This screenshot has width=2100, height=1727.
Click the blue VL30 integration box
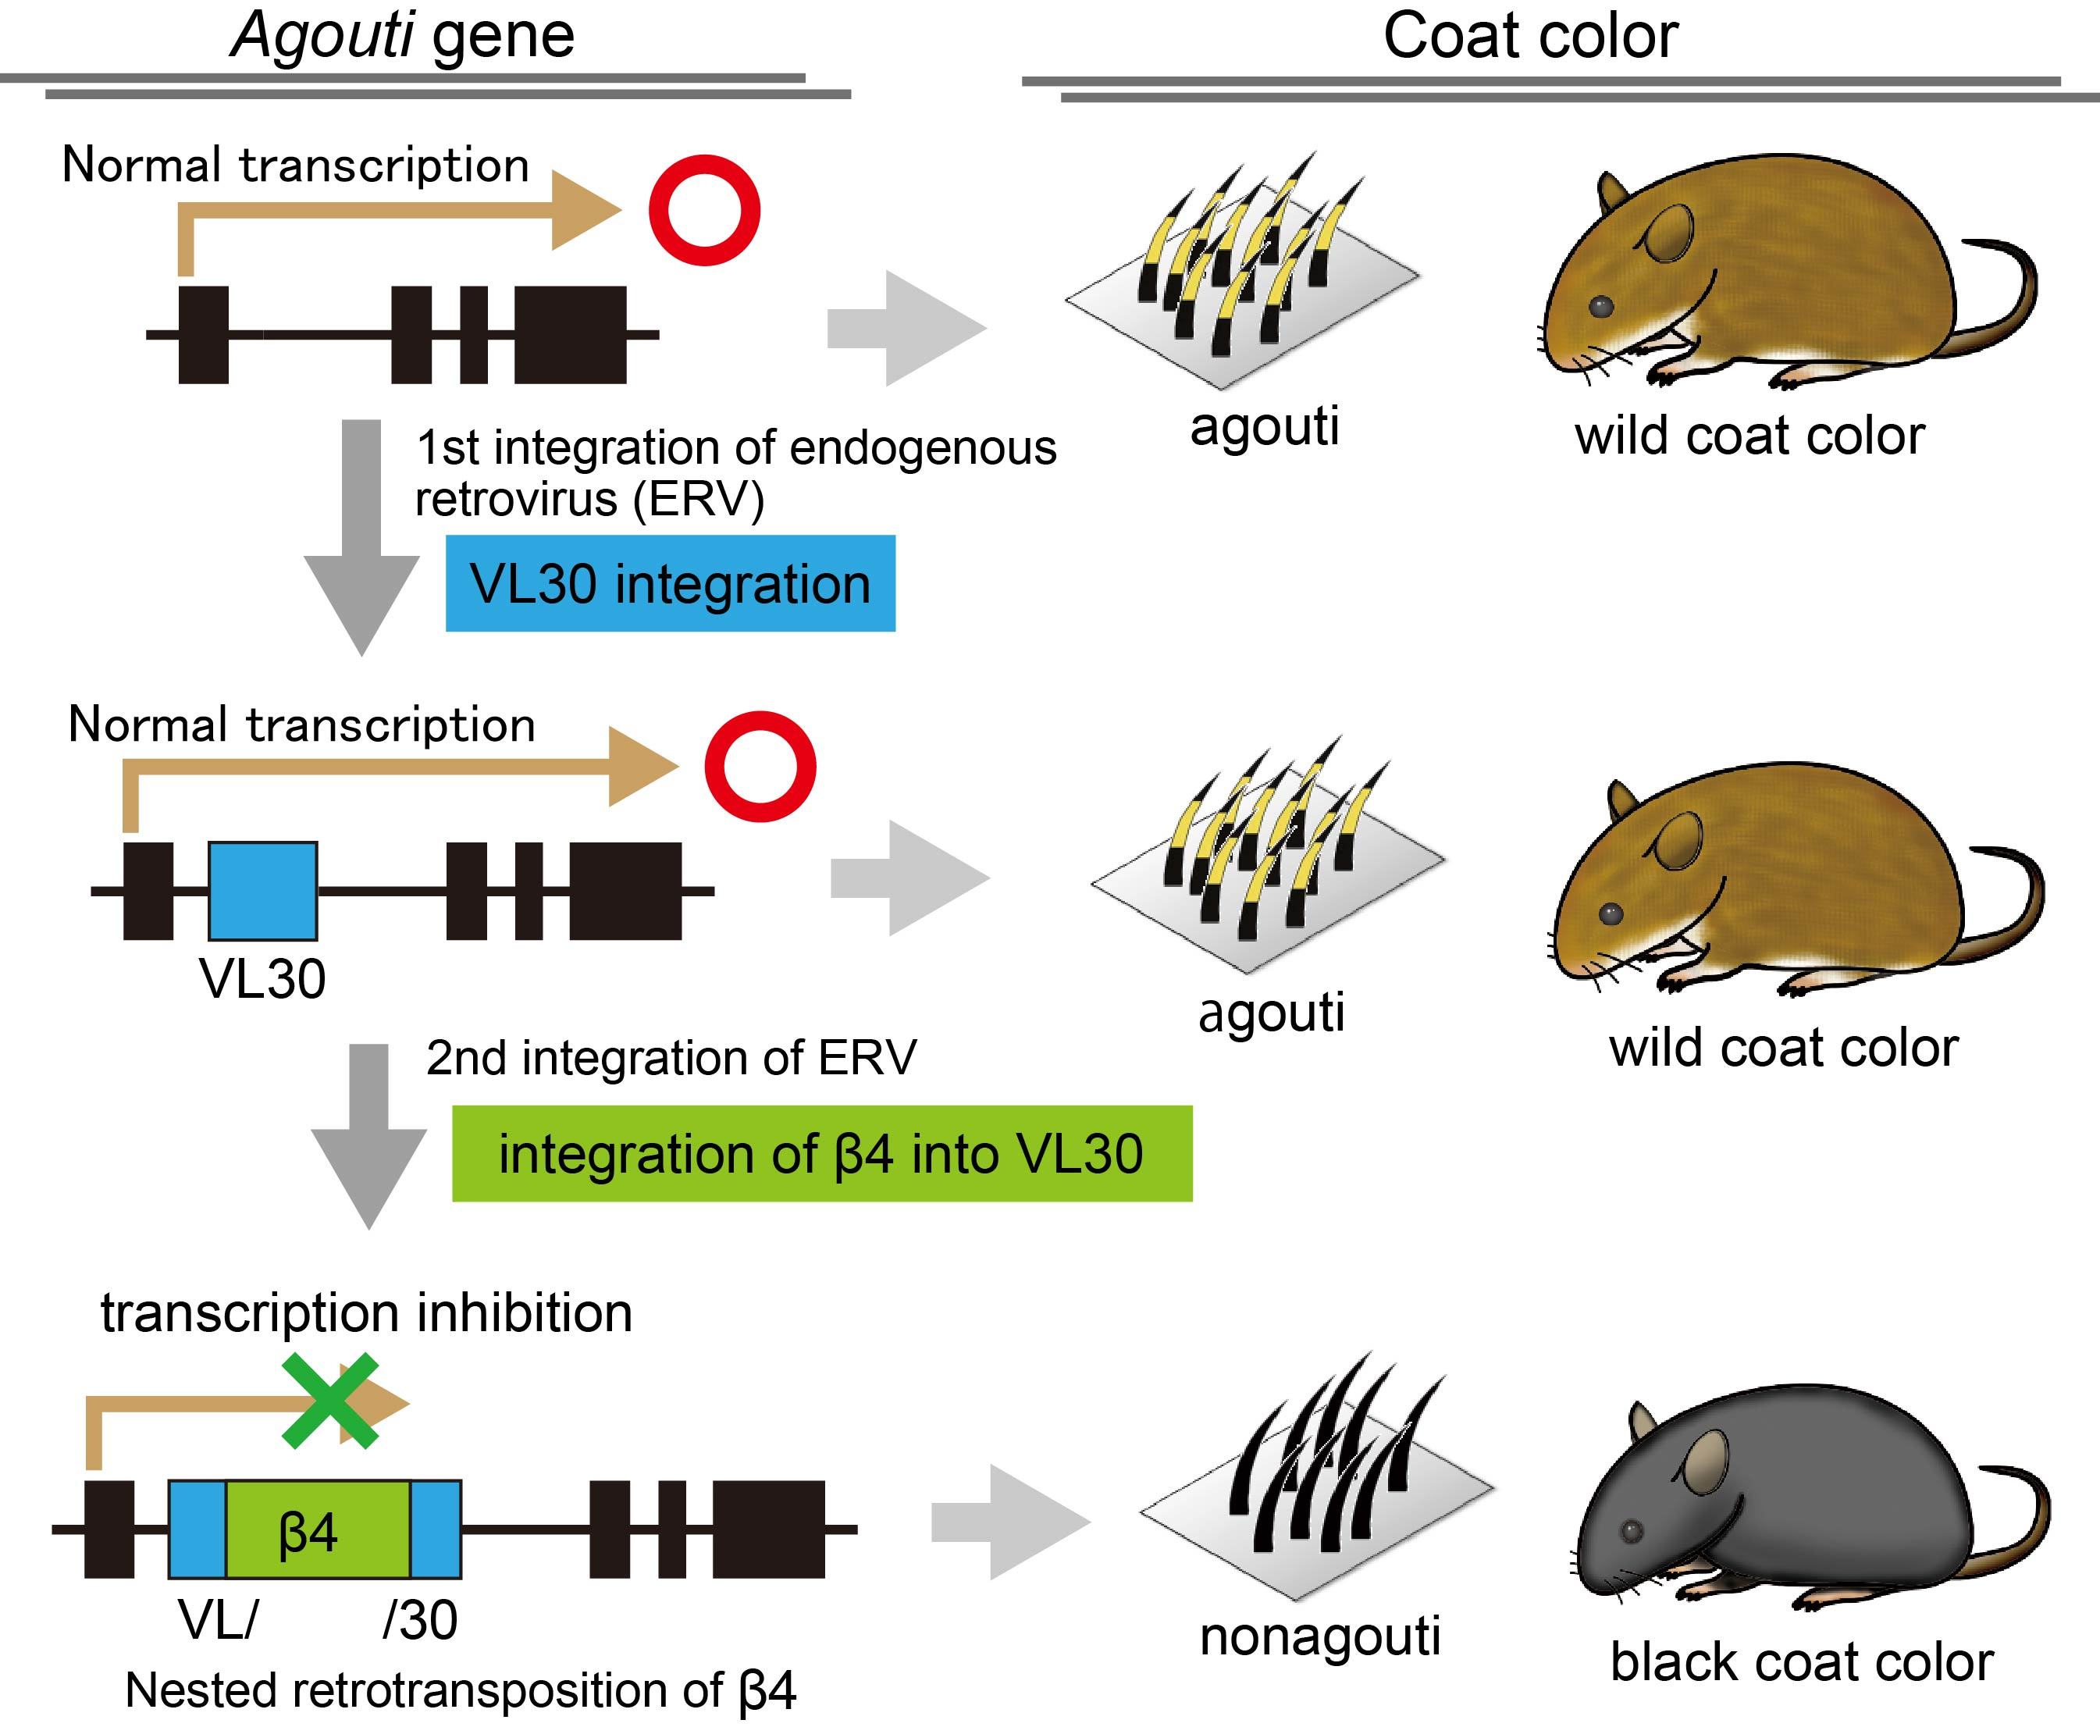[670, 583]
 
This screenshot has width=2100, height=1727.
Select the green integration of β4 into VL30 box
[822, 1154]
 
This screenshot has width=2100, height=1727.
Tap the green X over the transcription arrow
[330, 1400]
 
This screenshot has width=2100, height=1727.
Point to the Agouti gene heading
[403, 36]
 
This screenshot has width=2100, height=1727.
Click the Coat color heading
[1530, 36]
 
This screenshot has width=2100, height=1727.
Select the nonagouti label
[1319, 1636]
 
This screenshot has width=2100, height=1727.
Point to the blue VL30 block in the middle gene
[262, 890]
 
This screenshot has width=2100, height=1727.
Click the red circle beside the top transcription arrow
[704, 210]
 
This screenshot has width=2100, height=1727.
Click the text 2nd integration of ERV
[671, 1057]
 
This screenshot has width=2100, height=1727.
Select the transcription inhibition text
[366, 1313]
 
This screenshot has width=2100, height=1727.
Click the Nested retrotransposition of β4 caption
[461, 1690]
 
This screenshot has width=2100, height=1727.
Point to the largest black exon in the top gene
[570, 334]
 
